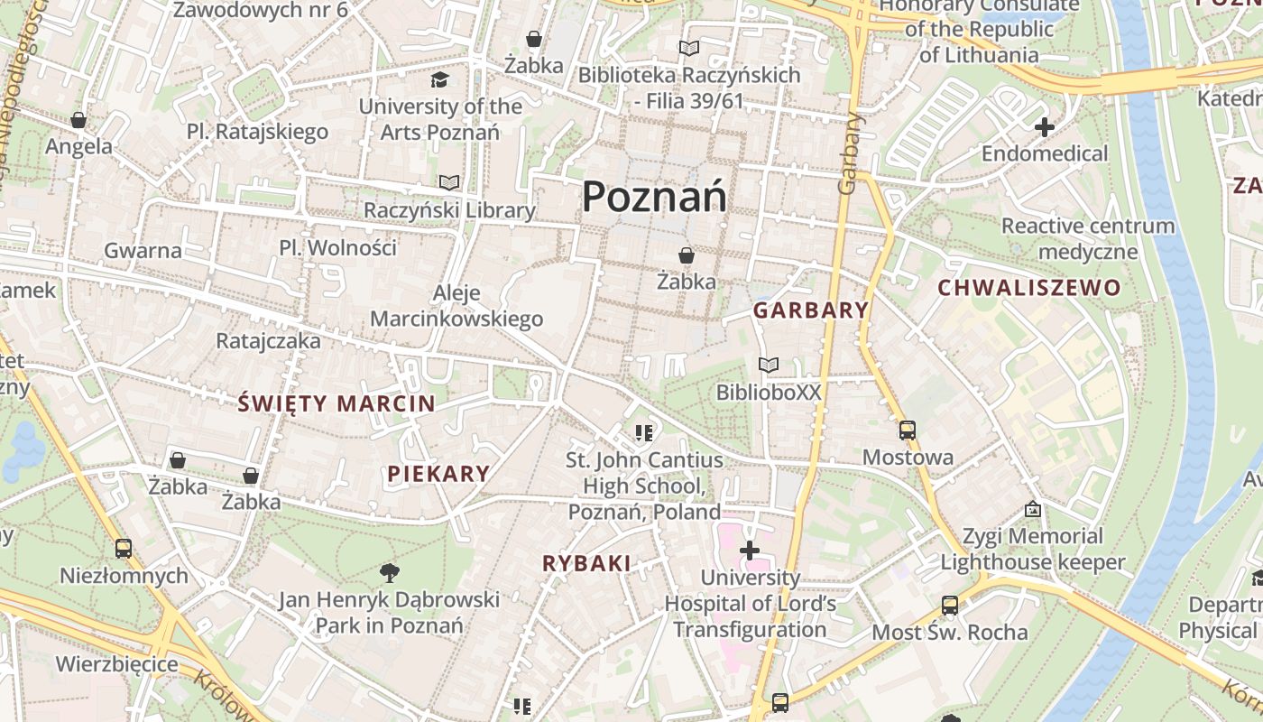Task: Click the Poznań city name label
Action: pos(654,196)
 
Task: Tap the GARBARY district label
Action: pos(810,310)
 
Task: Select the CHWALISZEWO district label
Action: pos(1029,288)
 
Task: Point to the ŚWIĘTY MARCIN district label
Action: pos(336,403)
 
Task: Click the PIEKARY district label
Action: pos(438,473)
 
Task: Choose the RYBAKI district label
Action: pos(586,563)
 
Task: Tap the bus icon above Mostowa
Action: pos(908,430)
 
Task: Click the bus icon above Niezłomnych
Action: pos(124,548)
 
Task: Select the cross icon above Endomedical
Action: pos(1045,127)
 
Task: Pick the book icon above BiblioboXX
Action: pos(769,366)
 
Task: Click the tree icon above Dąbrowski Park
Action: pos(390,572)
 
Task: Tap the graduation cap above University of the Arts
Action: pos(439,80)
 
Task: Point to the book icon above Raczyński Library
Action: pos(449,183)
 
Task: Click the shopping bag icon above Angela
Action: pos(78,120)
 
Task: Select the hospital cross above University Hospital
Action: pos(750,550)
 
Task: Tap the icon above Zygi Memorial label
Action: pos(1033,510)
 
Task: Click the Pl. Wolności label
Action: pos(337,247)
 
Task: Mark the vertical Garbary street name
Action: pos(848,153)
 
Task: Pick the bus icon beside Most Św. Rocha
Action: pos(950,606)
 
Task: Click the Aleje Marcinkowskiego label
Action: pos(456,306)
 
